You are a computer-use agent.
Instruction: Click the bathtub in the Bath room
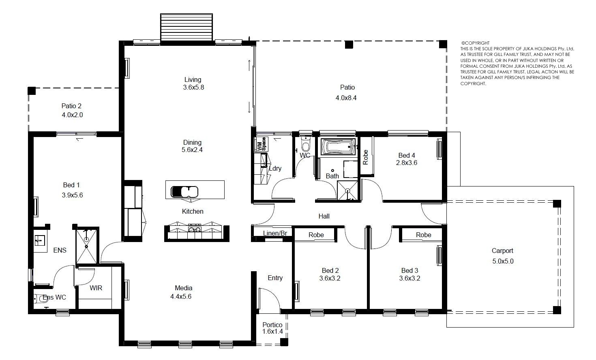point(338,146)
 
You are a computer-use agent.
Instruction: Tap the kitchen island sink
point(184,192)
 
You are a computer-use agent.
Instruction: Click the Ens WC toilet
point(41,298)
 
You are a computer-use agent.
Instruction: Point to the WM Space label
point(261,144)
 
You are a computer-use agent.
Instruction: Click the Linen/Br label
point(275,234)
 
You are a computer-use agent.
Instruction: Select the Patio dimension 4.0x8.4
point(346,98)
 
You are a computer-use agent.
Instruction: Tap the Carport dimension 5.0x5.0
point(503,261)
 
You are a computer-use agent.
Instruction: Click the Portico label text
point(272,325)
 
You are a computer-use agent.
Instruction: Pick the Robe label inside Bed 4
point(366,157)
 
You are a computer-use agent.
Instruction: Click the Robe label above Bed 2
point(316,235)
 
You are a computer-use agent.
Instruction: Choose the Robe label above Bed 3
point(423,235)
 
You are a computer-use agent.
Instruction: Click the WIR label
point(96,288)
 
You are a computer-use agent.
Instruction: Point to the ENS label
point(60,250)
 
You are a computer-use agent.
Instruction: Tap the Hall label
point(324,216)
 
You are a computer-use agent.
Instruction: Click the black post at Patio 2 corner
point(32,91)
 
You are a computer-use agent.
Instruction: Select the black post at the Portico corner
point(284,342)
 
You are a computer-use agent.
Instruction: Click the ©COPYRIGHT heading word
point(475,43)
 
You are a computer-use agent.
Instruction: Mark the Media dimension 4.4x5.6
point(181,296)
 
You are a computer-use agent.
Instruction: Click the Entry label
point(275,278)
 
